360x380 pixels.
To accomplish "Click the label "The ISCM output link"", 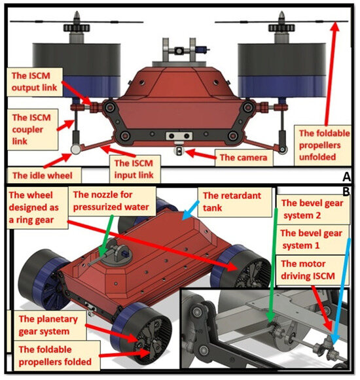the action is (x=34, y=82).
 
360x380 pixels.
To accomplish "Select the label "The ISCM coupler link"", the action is (x=31, y=130).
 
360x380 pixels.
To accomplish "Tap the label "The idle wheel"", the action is (x=43, y=175).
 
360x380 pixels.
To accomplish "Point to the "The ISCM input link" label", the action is (x=134, y=169).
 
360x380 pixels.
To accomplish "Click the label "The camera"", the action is (x=243, y=158).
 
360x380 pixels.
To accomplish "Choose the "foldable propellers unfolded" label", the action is (x=324, y=145).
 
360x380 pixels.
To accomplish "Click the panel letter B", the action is (x=346, y=192).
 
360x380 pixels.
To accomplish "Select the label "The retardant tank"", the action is (x=232, y=201).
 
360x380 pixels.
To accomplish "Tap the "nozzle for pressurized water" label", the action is (x=111, y=201).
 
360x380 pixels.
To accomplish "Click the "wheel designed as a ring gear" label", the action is (x=34, y=207).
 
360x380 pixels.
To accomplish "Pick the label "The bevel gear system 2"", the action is (x=312, y=209).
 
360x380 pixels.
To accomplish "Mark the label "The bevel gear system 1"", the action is (x=312, y=239).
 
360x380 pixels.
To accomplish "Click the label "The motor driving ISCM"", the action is (x=308, y=269).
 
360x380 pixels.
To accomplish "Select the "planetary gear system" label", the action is (x=48, y=325).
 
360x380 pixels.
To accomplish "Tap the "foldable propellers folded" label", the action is (x=55, y=356).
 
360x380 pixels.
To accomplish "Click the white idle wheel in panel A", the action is (x=76, y=150).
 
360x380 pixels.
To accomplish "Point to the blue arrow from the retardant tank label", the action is (x=190, y=211).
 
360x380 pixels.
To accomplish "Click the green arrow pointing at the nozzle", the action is (x=107, y=236).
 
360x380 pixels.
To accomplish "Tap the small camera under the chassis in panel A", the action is (x=179, y=151).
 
